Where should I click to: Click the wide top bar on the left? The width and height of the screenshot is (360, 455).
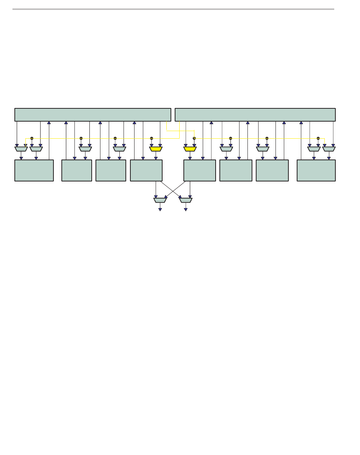click(x=92, y=115)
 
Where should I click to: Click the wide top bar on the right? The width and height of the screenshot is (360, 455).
click(x=255, y=115)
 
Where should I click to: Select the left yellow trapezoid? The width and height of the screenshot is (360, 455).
click(x=156, y=149)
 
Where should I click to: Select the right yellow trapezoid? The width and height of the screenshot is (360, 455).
click(x=190, y=149)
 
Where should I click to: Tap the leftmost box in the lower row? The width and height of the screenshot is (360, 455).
click(x=34, y=170)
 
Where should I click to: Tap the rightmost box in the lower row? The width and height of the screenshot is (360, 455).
click(x=316, y=170)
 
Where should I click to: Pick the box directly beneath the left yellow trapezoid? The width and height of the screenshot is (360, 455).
click(x=146, y=170)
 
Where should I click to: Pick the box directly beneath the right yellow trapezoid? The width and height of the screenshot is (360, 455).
click(x=200, y=170)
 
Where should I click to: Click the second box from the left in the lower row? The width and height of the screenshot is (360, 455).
click(x=77, y=170)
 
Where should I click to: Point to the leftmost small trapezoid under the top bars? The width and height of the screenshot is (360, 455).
click(x=21, y=149)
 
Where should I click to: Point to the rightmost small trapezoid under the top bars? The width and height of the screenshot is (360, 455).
click(x=329, y=149)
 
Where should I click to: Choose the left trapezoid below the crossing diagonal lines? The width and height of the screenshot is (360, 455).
click(x=160, y=200)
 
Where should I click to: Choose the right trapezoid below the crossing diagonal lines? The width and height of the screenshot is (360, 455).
click(x=186, y=200)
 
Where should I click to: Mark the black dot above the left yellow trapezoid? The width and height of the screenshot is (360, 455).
click(x=152, y=138)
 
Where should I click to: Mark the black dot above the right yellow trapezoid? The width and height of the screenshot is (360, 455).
click(x=194, y=138)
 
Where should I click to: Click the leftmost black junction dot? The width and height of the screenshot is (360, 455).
click(x=32, y=138)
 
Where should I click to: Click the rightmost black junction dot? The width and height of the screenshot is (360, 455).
click(x=318, y=138)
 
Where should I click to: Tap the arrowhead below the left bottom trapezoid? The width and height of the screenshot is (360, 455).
click(x=160, y=209)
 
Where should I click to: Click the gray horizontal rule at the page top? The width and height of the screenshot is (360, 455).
click(x=173, y=9)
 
